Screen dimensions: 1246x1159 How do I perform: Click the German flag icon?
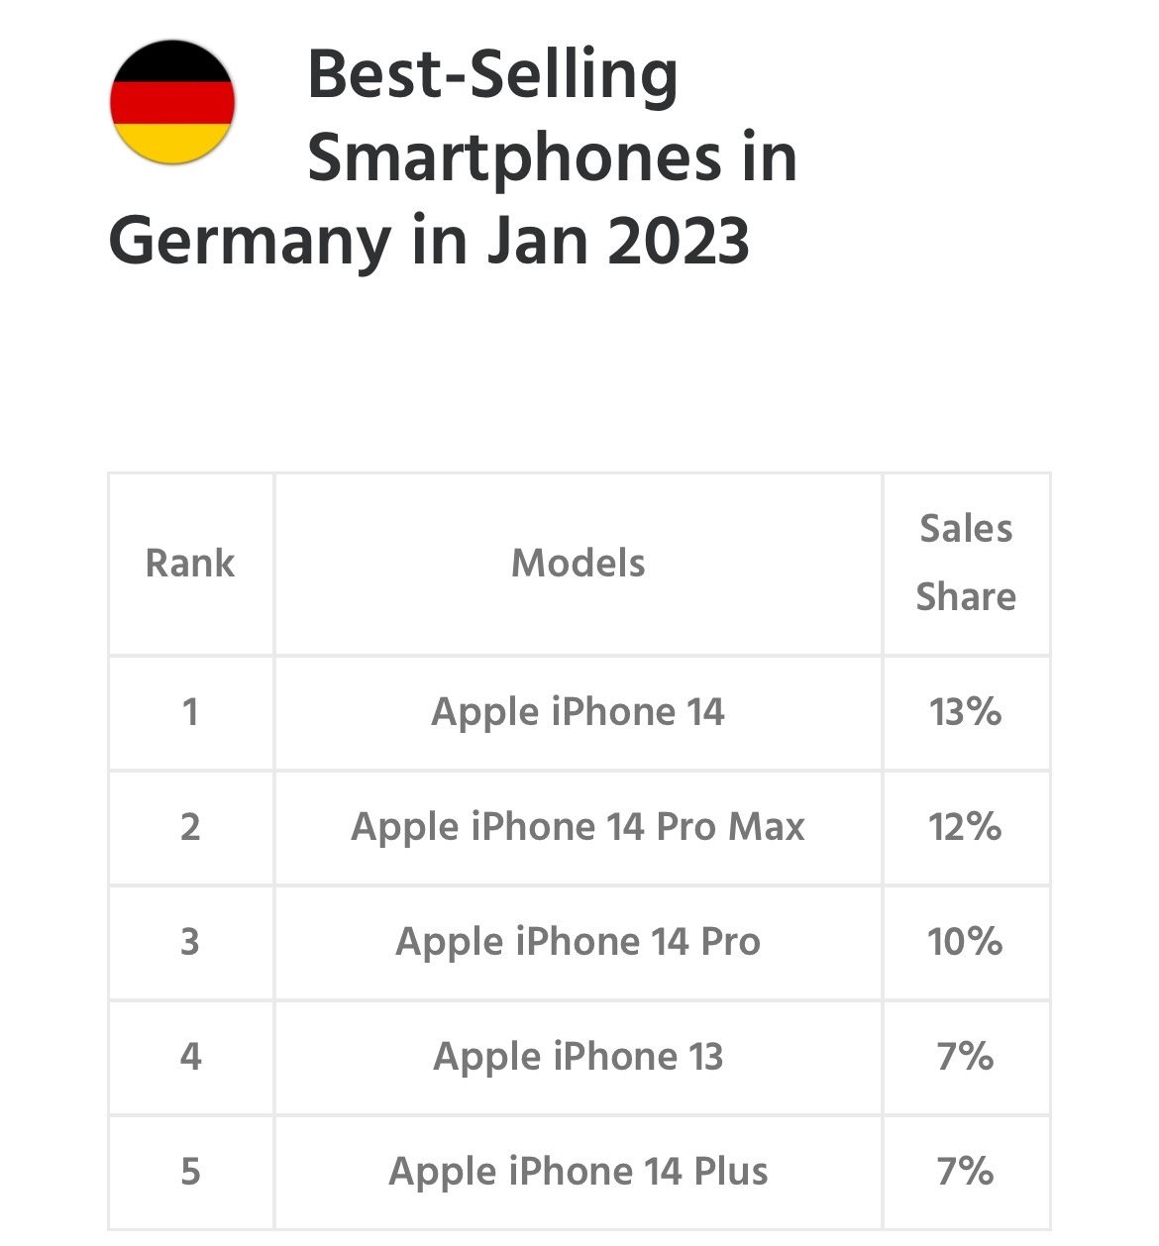[x=172, y=102]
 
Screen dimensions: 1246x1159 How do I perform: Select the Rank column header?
[x=190, y=564]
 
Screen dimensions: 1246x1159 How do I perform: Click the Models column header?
[x=579, y=564]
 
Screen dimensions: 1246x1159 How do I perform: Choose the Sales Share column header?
[x=966, y=563]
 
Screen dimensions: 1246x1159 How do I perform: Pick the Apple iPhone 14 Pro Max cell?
[x=579, y=827]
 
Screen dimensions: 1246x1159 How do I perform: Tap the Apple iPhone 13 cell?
[x=579, y=1057]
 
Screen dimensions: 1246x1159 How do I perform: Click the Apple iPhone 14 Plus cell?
[x=579, y=1172]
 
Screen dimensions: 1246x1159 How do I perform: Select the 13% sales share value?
[x=966, y=712]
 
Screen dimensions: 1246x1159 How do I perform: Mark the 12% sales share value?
[x=966, y=827]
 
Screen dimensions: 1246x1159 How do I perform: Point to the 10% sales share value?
[x=966, y=942]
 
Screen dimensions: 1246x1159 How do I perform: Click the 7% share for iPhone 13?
[x=966, y=1057]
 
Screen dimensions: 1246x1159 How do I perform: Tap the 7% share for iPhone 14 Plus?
[x=966, y=1172]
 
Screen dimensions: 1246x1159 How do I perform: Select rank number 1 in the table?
[x=190, y=712]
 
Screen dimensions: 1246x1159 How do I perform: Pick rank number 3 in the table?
[x=190, y=942]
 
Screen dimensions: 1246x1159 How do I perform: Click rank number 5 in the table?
[x=190, y=1172]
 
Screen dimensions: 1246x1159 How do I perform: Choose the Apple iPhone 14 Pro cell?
[x=579, y=942]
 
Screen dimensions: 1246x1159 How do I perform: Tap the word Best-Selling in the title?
[x=493, y=75]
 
